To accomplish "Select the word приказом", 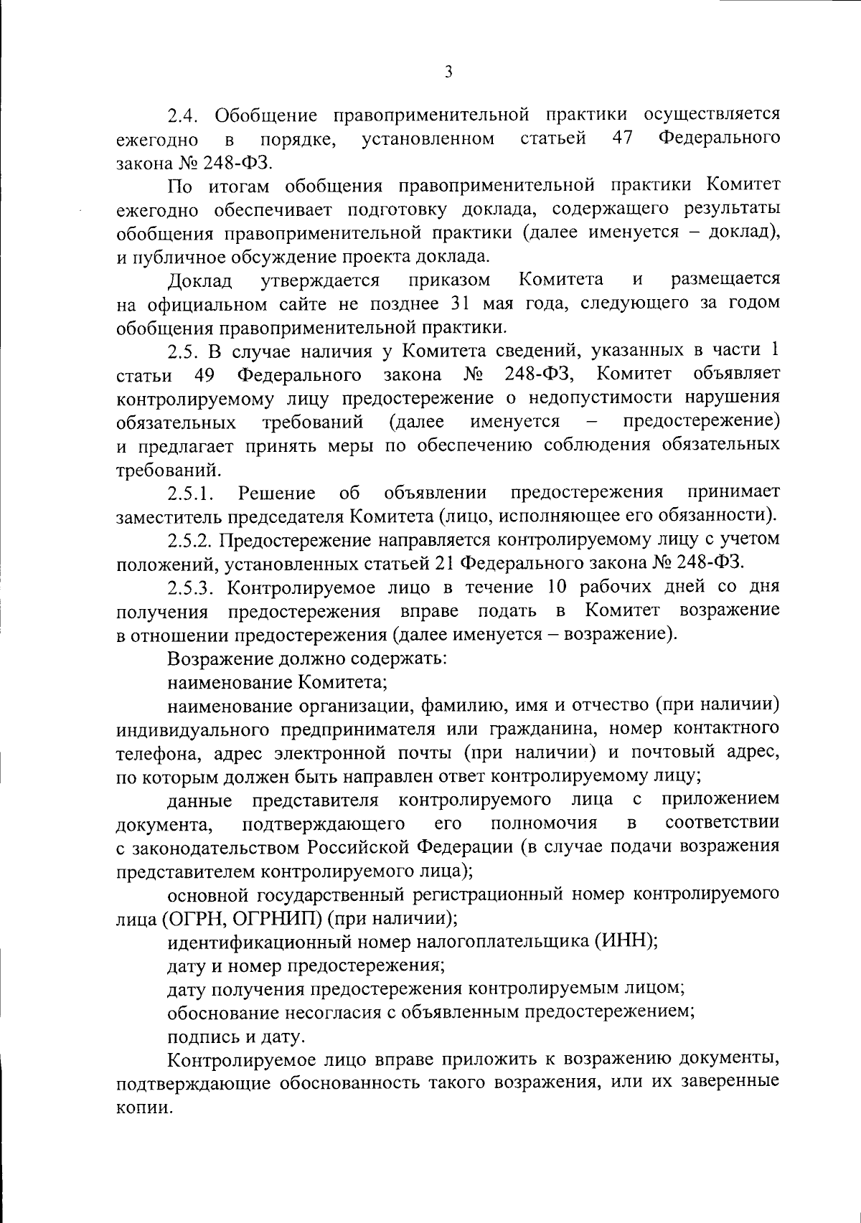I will [x=450, y=279].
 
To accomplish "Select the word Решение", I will [x=277, y=493].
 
